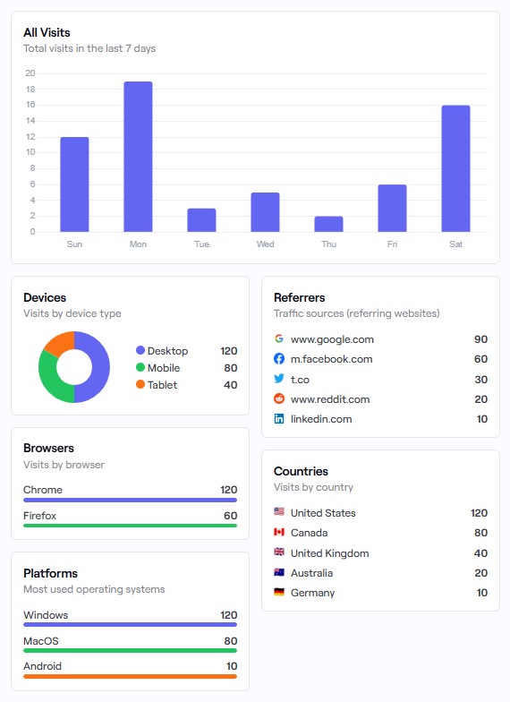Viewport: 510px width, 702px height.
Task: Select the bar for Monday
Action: (138, 157)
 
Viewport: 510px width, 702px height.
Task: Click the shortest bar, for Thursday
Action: (328, 224)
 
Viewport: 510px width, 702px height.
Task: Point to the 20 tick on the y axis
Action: (30, 73)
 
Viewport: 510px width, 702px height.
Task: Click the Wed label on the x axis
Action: (265, 244)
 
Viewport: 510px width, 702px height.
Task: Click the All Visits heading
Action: (47, 33)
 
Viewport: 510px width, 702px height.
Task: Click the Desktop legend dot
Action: (140, 351)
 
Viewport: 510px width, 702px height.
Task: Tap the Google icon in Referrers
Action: (279, 339)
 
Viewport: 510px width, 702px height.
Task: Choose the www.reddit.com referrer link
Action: (329, 399)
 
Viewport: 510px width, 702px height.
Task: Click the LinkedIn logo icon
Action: (279, 419)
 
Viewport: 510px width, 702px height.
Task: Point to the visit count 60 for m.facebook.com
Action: (480, 359)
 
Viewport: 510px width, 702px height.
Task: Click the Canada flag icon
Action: (279, 533)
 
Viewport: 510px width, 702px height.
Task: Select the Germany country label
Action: (312, 593)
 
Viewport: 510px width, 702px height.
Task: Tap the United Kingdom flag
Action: (279, 553)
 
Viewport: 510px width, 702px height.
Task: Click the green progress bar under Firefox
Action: (130, 526)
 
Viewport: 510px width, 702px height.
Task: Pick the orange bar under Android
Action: (130, 676)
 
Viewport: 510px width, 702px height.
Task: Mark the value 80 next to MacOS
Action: (230, 641)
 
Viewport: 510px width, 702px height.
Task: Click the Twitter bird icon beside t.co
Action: (279, 379)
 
